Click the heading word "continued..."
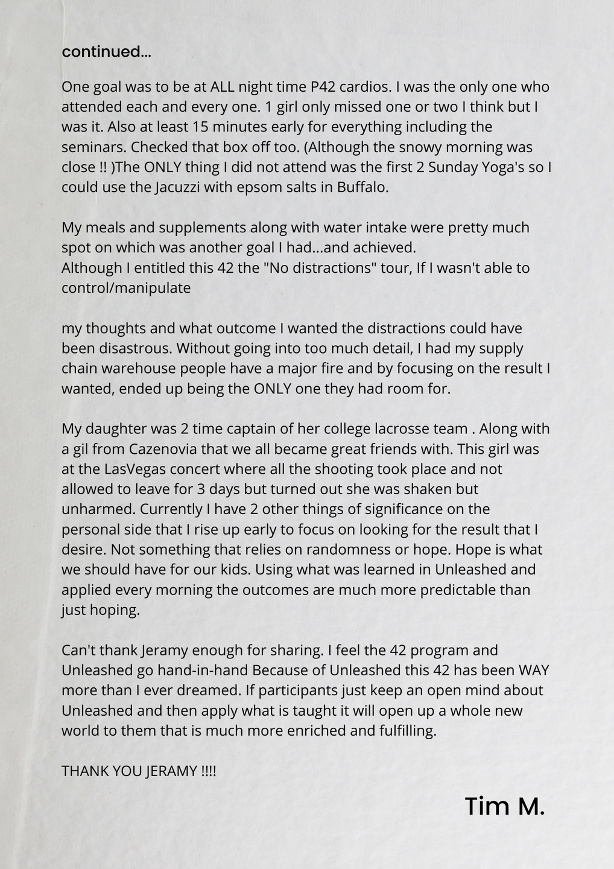click(106, 52)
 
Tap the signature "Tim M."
click(504, 806)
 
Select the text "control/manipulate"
click(126, 288)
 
